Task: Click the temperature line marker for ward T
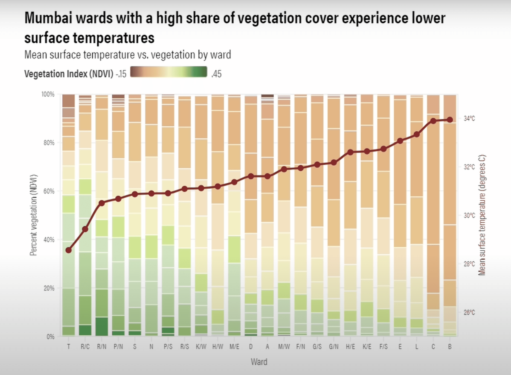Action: point(69,250)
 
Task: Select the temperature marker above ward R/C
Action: point(85,229)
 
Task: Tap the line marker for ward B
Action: point(450,120)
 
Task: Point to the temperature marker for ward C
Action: point(433,121)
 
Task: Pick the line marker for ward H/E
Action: point(350,152)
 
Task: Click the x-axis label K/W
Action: point(201,347)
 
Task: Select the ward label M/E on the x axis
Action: point(234,347)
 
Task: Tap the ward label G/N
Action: point(333,347)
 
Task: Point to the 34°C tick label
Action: point(469,118)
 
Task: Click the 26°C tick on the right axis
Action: point(469,312)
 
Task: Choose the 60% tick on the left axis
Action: point(49,191)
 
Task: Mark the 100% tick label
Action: point(48,94)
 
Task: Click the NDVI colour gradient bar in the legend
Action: point(169,72)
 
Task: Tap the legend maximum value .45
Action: point(216,74)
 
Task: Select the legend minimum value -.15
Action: point(121,74)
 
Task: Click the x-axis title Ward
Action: point(259,362)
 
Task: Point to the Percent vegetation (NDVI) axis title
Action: point(33,215)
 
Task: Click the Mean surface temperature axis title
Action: point(482,215)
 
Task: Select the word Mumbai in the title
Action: point(48,18)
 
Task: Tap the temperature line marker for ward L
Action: point(417,134)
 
